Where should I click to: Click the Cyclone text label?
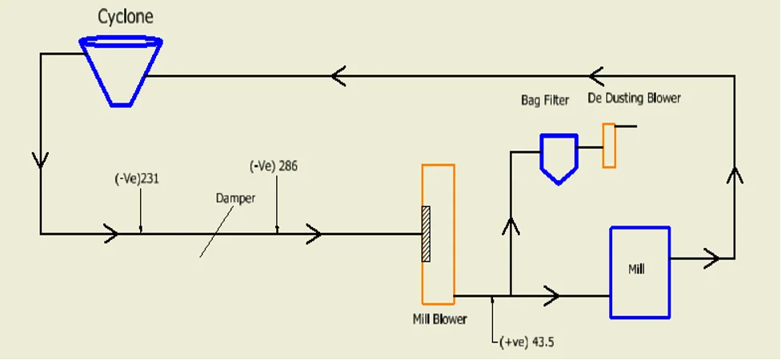pyautogui.click(x=126, y=16)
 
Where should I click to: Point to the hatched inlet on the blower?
pyautogui.click(x=426, y=234)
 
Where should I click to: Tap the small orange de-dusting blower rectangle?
pyautogui.click(x=609, y=146)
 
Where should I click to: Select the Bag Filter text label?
pyautogui.click(x=543, y=100)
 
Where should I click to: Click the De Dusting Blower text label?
pyautogui.click(x=634, y=98)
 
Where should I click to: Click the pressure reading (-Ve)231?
pyautogui.click(x=136, y=179)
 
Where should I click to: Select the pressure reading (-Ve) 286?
pyautogui.click(x=274, y=166)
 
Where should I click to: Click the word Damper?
pyautogui.click(x=235, y=198)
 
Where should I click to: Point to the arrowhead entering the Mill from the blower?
pyautogui.click(x=552, y=296)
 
